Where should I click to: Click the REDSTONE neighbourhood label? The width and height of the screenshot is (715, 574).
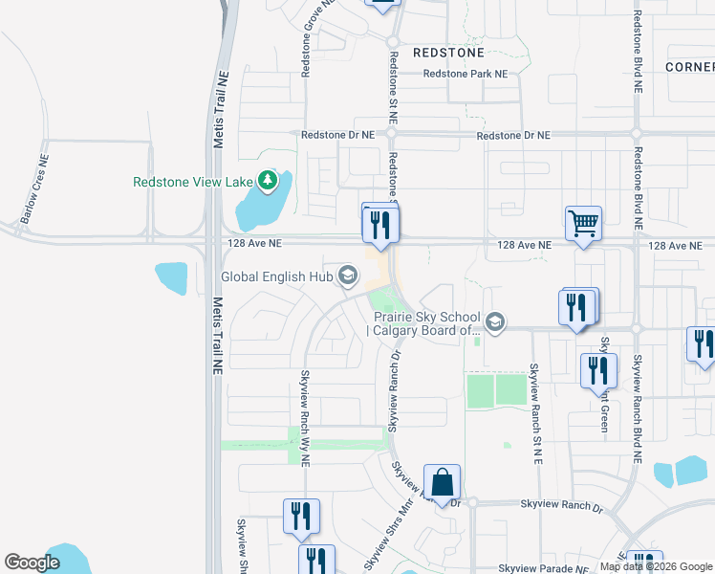[448, 52]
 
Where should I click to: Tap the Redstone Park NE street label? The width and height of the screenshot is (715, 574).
[465, 74]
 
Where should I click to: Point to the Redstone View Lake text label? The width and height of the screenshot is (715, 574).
[193, 181]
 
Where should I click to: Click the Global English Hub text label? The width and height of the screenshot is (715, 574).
[275, 277]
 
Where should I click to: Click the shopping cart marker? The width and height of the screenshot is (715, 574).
[583, 225]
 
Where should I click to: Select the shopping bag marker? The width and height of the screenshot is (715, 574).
[443, 482]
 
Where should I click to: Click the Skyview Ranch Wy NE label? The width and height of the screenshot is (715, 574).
[307, 418]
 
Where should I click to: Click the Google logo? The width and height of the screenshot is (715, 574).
[32, 563]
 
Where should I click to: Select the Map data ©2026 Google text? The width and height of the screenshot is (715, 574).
[656, 567]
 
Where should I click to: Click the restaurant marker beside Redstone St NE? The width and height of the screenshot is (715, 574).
[380, 224]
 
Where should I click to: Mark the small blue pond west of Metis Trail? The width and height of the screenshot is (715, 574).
[171, 277]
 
